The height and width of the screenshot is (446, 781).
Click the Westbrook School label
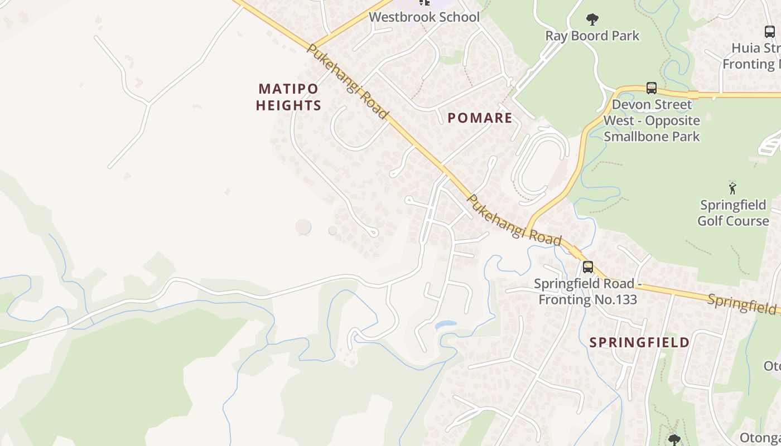[x=424, y=17]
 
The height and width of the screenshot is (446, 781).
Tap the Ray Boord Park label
[x=592, y=36]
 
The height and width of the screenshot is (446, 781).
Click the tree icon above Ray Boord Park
[x=592, y=20]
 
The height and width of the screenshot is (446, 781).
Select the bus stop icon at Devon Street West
[x=651, y=88]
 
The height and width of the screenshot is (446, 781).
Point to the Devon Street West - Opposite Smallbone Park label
[x=652, y=120]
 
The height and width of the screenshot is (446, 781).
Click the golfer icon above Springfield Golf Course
[x=732, y=188]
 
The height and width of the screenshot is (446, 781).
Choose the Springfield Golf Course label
[x=733, y=213]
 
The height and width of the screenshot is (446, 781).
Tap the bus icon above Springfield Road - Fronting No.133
[x=587, y=267]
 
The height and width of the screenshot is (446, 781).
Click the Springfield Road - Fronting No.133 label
[x=587, y=292]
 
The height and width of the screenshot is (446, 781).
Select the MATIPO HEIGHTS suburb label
[x=288, y=97]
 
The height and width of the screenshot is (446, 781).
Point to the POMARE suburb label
[x=480, y=118]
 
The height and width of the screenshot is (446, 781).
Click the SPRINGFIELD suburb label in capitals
[x=639, y=342]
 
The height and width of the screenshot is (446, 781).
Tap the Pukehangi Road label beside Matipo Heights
[x=347, y=81]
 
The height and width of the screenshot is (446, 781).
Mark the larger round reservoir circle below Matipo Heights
[x=303, y=227]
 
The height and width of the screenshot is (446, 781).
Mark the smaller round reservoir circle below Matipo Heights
[x=332, y=230]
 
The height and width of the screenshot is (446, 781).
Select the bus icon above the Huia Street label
[x=769, y=32]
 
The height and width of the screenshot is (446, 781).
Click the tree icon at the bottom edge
[x=674, y=440]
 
